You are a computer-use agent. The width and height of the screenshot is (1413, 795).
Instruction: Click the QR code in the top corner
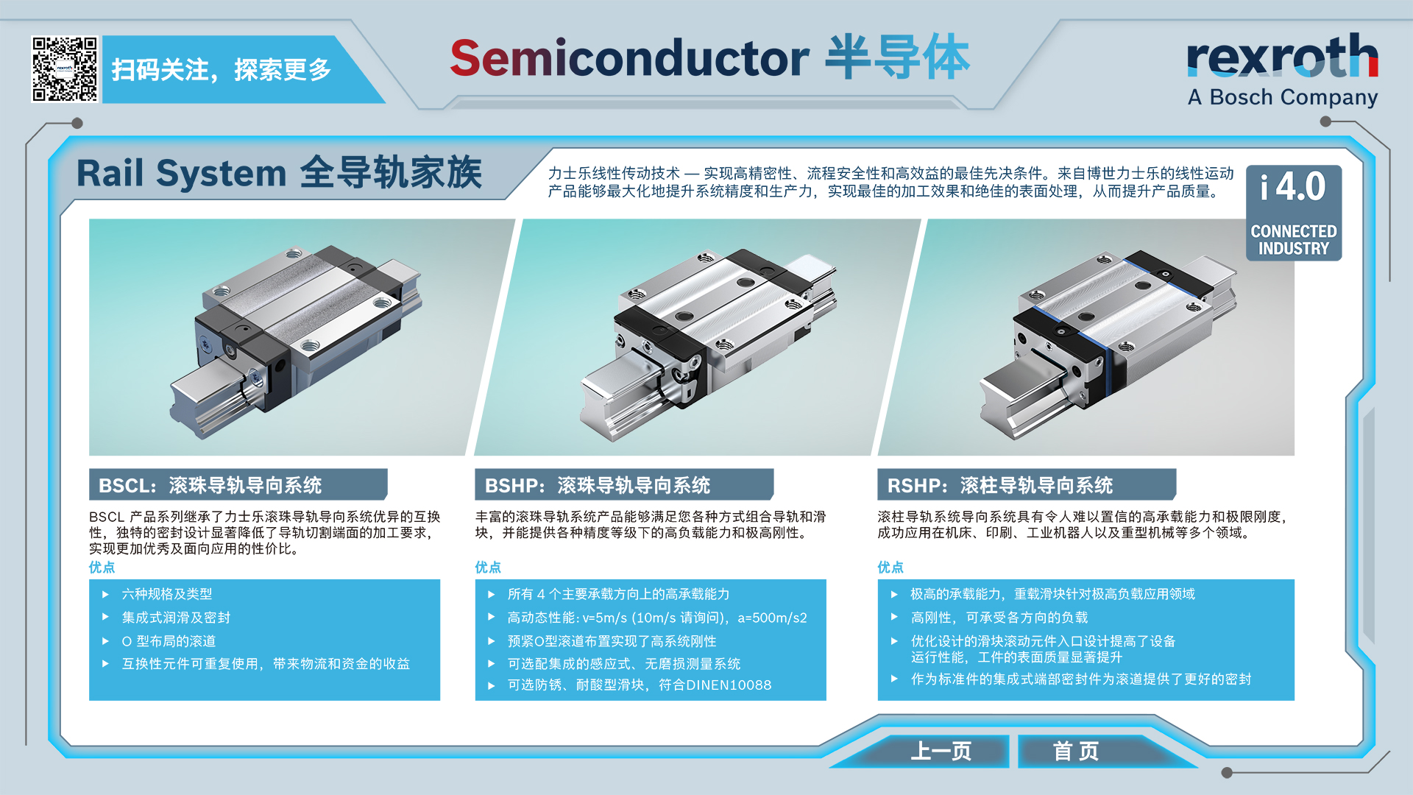pyautogui.click(x=65, y=69)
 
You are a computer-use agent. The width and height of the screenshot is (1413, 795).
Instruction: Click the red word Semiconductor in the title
pyautogui.click(x=629, y=58)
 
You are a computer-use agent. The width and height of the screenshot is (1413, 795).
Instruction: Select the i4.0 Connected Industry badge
pyautogui.click(x=1294, y=213)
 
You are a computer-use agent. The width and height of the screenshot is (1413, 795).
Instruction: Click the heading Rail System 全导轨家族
pyautogui.click(x=279, y=174)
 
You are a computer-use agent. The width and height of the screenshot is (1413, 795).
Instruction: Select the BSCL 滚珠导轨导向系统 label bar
pyautogui.click(x=238, y=485)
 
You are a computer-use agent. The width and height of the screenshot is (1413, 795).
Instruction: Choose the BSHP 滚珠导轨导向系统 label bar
pyautogui.click(x=623, y=485)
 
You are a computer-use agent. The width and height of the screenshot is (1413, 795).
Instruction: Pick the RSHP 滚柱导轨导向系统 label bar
pyautogui.click(x=1027, y=485)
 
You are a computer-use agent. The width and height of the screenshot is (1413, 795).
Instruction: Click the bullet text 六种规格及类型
pyautogui.click(x=167, y=594)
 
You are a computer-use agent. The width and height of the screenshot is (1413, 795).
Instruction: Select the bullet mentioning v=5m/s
pyautogui.click(x=657, y=618)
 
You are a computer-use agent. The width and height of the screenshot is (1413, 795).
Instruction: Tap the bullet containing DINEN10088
pyautogui.click(x=640, y=685)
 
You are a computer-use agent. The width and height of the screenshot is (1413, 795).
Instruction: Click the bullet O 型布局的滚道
pyautogui.click(x=169, y=641)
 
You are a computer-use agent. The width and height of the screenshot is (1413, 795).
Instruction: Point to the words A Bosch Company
pyautogui.click(x=1283, y=97)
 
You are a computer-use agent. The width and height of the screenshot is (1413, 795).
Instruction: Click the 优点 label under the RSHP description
pyautogui.click(x=890, y=567)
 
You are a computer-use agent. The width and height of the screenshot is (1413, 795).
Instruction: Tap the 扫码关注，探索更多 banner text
pyautogui.click(x=222, y=70)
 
